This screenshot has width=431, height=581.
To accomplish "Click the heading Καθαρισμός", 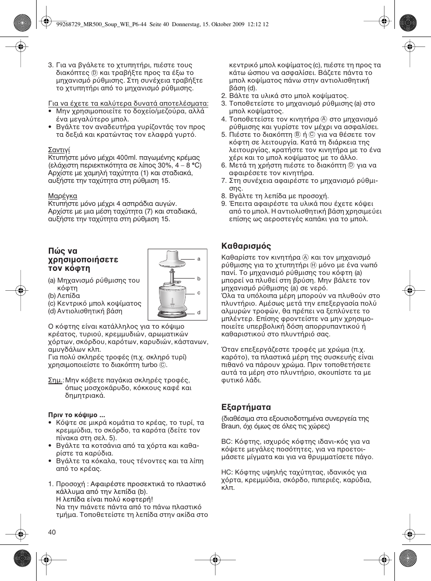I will (x=246, y=246).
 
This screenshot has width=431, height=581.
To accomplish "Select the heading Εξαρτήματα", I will (x=246, y=407).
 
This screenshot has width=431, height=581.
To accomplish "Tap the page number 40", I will (x=52, y=532).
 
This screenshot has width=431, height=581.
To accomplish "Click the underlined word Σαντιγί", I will (x=59, y=150).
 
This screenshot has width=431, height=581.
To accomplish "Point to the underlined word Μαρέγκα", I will (x=63, y=196).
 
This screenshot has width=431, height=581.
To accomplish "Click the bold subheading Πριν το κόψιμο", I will (x=77, y=415).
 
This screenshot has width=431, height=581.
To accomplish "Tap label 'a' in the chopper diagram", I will (x=199, y=259).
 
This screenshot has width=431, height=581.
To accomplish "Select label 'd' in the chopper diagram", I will (x=199, y=312).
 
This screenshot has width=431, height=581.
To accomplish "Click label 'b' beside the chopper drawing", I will (x=199, y=279).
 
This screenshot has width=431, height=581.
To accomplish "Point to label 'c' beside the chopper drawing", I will (x=199, y=293).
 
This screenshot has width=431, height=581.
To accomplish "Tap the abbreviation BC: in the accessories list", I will (x=226, y=442).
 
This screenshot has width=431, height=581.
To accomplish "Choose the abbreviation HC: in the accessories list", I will (x=227, y=472).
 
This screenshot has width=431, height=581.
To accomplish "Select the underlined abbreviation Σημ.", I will (x=56, y=380).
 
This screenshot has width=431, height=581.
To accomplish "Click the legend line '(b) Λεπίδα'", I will (x=64, y=296).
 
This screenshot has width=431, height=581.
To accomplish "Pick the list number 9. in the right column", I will (x=224, y=204).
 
